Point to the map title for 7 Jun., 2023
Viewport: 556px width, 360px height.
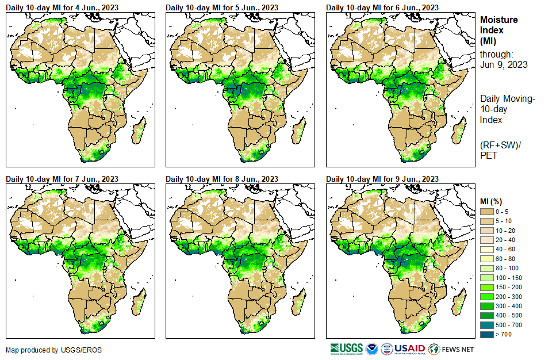point(62,179)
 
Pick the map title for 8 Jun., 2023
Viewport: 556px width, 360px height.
point(222,179)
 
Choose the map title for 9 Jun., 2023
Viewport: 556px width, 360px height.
point(382,179)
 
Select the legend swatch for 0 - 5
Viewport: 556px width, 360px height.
point(486,212)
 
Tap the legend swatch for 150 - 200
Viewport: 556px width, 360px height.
point(486,286)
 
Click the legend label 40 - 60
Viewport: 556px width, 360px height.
point(507,250)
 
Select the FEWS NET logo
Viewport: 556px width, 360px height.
point(451,348)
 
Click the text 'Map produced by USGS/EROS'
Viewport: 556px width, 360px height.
point(47,350)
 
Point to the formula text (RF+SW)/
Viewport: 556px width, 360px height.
point(499,143)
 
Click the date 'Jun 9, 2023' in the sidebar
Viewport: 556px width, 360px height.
point(504,64)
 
